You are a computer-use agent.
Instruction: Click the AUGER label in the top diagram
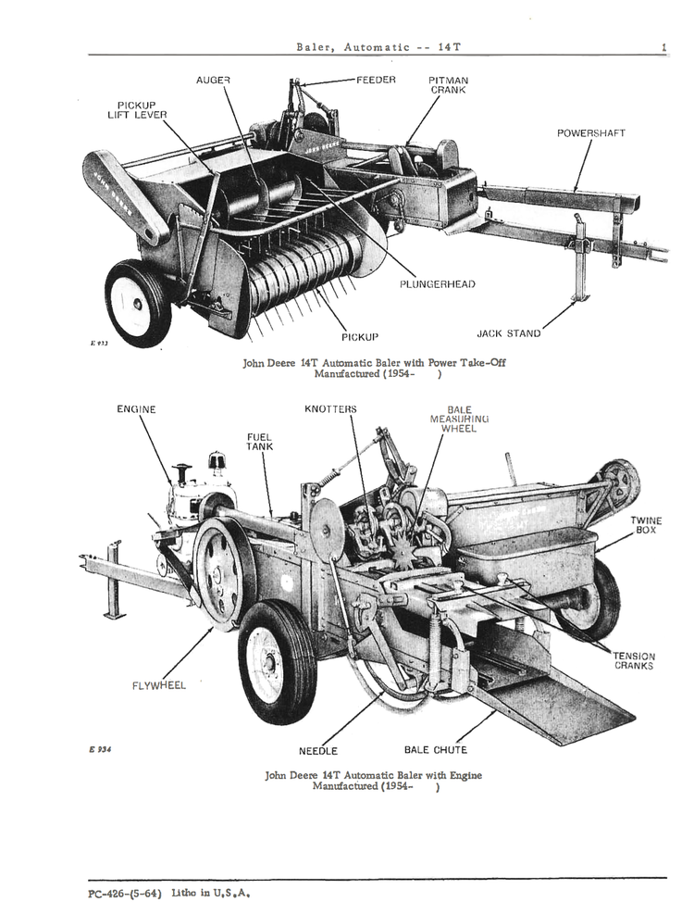[213, 81]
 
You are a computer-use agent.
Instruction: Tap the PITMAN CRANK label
[448, 85]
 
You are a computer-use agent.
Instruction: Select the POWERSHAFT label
[590, 133]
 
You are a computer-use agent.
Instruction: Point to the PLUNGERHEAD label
[438, 284]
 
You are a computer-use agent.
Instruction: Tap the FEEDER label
[376, 81]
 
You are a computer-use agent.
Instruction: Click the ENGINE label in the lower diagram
[136, 409]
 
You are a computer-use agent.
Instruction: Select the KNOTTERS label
[330, 409]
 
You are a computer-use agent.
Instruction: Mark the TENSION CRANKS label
[633, 660]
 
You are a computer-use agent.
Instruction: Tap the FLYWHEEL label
[158, 685]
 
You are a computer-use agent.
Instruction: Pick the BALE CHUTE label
[435, 750]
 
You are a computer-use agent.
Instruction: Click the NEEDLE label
[317, 751]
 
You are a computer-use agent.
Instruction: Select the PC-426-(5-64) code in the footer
[120, 894]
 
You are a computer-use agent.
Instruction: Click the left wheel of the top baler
[138, 303]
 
